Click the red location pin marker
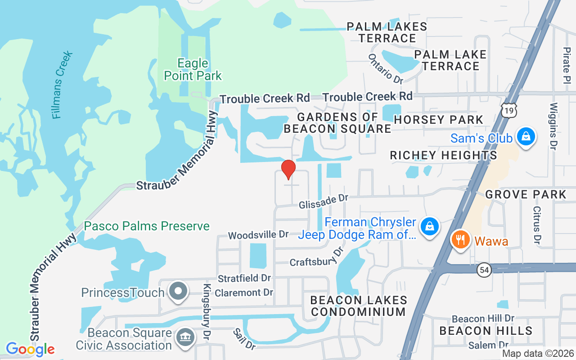(x=288, y=169)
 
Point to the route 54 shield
(x=484, y=270)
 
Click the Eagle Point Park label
(x=193, y=69)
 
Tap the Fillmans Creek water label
(x=62, y=85)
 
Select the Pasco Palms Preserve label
(x=147, y=226)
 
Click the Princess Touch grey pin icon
(x=179, y=291)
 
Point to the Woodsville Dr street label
(x=258, y=235)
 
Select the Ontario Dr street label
(x=386, y=69)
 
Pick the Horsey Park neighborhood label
(x=438, y=120)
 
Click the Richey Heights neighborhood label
(x=443, y=155)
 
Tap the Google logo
(x=30, y=349)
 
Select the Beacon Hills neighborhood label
(x=486, y=331)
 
